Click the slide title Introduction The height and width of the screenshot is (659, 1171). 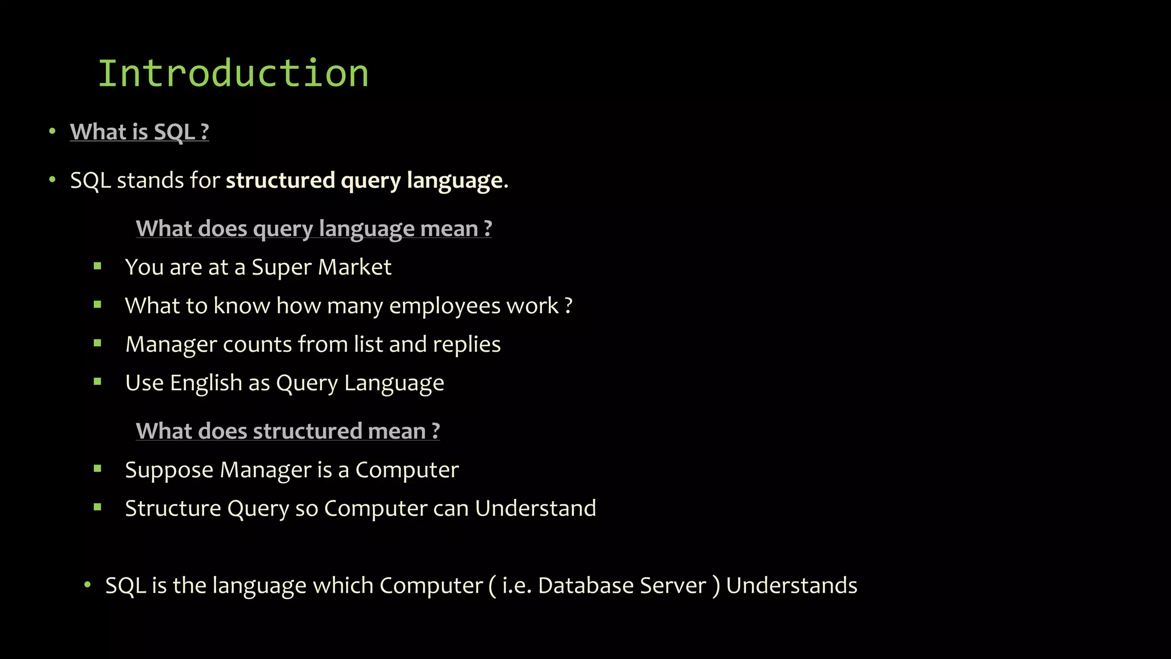click(x=233, y=74)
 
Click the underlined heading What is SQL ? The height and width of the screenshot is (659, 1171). click(x=139, y=132)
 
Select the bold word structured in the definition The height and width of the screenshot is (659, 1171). click(x=280, y=181)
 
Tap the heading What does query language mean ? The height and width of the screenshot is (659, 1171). click(x=314, y=229)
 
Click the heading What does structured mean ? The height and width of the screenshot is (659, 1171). click(x=288, y=431)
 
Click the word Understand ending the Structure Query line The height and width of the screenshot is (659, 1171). click(x=535, y=509)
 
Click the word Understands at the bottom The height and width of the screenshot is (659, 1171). click(x=791, y=586)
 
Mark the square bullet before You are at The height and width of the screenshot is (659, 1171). click(x=98, y=266)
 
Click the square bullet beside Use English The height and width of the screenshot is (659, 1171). click(x=98, y=382)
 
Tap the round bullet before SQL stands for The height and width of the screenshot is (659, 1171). click(x=53, y=180)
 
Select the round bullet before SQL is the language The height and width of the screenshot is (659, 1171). click(x=87, y=585)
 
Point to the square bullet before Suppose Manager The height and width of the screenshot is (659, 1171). click(x=98, y=469)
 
